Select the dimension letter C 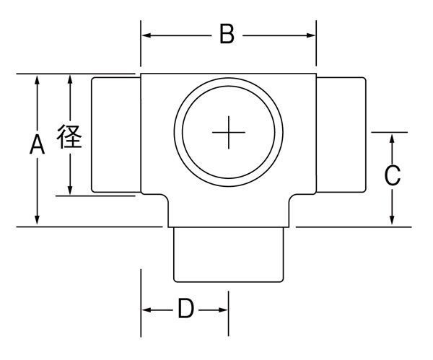tap(391, 176)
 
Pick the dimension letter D tap(185, 309)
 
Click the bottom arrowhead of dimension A tap(36, 221)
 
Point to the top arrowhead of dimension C tap(391, 137)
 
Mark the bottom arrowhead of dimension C tap(391, 221)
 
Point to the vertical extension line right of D tap(229, 314)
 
